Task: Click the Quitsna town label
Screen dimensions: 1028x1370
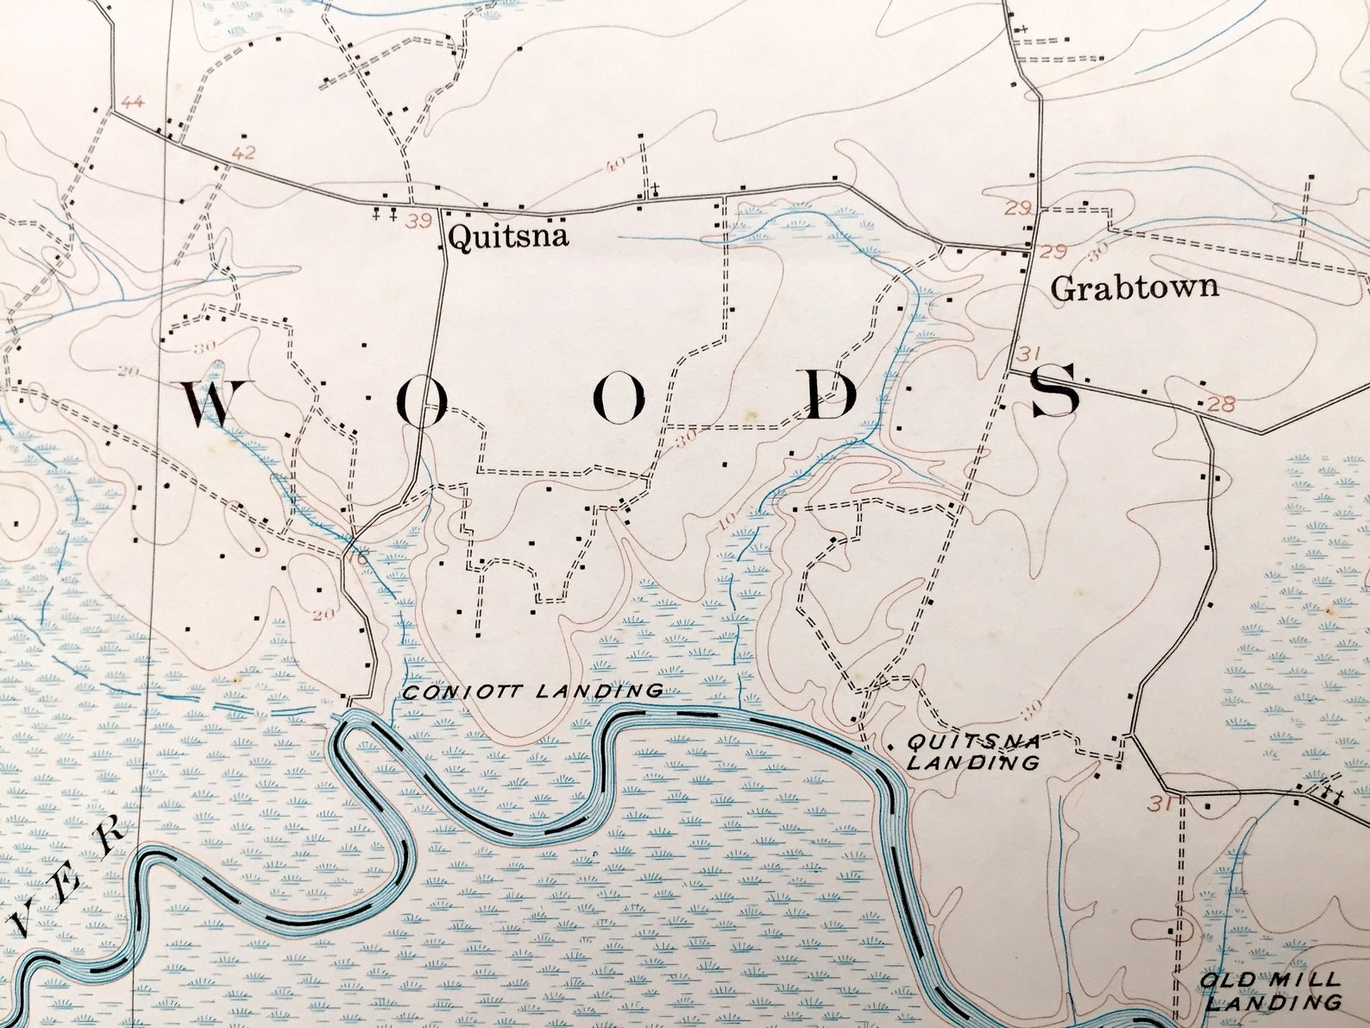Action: [509, 236]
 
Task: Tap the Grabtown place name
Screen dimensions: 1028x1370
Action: [1134, 287]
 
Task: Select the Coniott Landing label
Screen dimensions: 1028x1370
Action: [533, 691]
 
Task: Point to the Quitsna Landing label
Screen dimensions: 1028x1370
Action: [973, 752]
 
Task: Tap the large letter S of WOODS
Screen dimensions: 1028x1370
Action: [1056, 390]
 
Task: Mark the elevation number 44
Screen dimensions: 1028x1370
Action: [132, 102]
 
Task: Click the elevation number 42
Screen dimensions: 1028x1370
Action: [244, 154]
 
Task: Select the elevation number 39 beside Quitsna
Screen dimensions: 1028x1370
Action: [419, 222]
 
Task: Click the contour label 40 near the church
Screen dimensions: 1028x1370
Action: [616, 164]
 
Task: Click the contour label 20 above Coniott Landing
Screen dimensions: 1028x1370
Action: [323, 615]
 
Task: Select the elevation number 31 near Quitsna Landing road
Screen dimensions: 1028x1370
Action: [1159, 804]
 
